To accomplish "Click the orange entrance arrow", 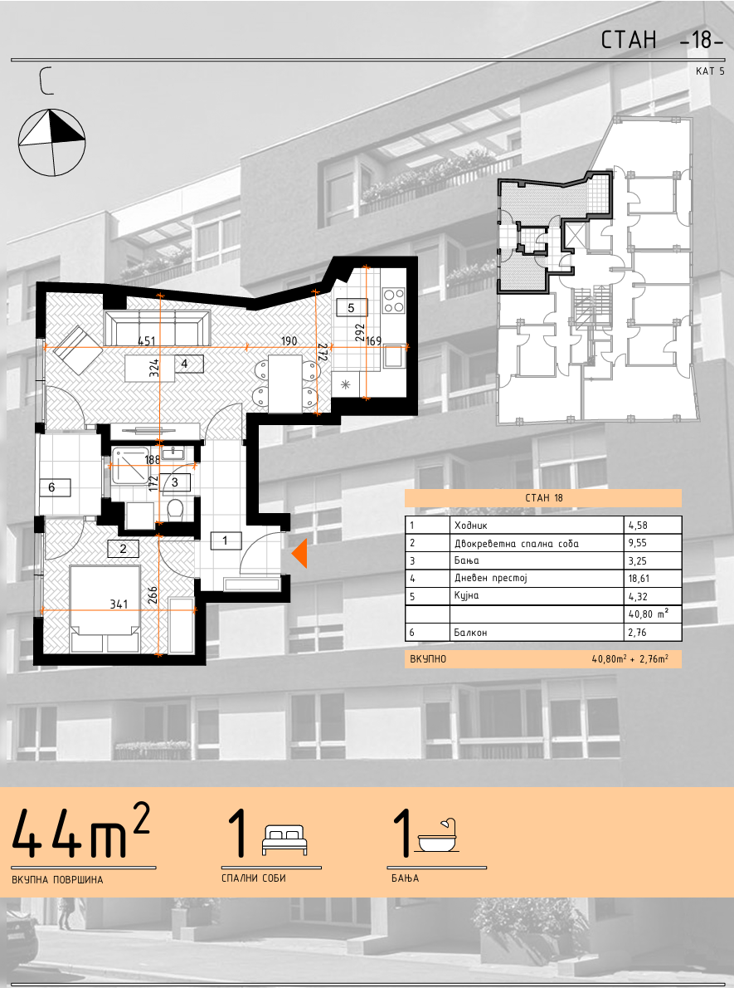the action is click(x=299, y=554).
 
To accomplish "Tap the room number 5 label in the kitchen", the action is click(x=352, y=307).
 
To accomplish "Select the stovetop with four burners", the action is click(x=393, y=300).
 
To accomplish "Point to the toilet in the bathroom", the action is click(x=176, y=508).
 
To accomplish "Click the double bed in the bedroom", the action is click(x=105, y=609).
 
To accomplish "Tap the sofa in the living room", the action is click(x=157, y=328).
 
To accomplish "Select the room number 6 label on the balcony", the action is click(x=52, y=487).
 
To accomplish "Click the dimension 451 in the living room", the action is click(x=146, y=341).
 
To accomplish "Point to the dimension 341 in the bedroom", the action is click(x=119, y=604).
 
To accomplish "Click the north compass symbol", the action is click(x=51, y=143).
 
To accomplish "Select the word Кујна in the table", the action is click(x=466, y=596).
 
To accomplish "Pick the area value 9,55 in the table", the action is click(x=638, y=543).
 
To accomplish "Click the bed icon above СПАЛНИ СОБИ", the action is click(x=284, y=839).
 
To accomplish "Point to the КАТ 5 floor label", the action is click(x=710, y=71).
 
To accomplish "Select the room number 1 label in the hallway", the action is click(x=225, y=540).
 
